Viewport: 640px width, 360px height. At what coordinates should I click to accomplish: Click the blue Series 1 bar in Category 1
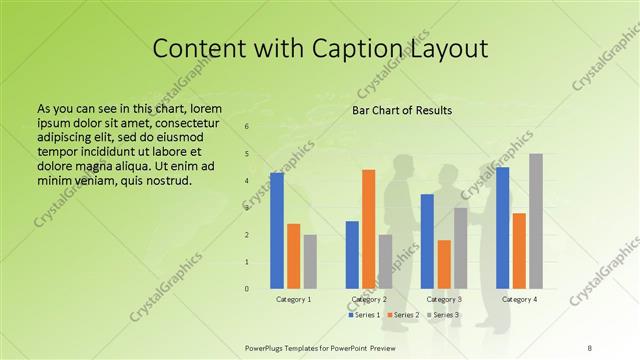[x=276, y=231]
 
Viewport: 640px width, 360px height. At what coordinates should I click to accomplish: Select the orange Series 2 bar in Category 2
[x=368, y=229]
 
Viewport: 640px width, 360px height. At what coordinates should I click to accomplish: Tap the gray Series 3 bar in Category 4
[x=536, y=221]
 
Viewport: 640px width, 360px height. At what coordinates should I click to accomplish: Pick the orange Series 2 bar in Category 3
[x=444, y=264]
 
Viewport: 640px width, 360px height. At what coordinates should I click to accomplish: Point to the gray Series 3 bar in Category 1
[x=310, y=262]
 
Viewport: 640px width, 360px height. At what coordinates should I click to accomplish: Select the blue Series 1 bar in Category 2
[x=352, y=255]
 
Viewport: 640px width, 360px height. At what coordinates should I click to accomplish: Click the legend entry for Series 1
[x=365, y=315]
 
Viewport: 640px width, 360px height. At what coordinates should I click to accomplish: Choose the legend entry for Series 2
[x=404, y=315]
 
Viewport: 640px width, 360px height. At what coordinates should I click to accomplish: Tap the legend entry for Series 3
[x=444, y=315]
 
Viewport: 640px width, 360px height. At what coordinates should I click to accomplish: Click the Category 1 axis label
[x=293, y=299]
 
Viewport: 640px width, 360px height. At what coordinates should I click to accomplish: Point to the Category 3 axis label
[x=444, y=299]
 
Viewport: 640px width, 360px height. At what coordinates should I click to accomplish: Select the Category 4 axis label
[x=519, y=299]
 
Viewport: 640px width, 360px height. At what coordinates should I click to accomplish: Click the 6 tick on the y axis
[x=247, y=127]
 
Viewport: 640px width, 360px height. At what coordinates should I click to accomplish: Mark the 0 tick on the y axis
[x=247, y=289]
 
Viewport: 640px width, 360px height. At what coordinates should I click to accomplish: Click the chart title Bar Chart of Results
[x=402, y=110]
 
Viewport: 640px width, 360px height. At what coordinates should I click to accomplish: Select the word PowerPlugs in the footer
[x=269, y=347]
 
